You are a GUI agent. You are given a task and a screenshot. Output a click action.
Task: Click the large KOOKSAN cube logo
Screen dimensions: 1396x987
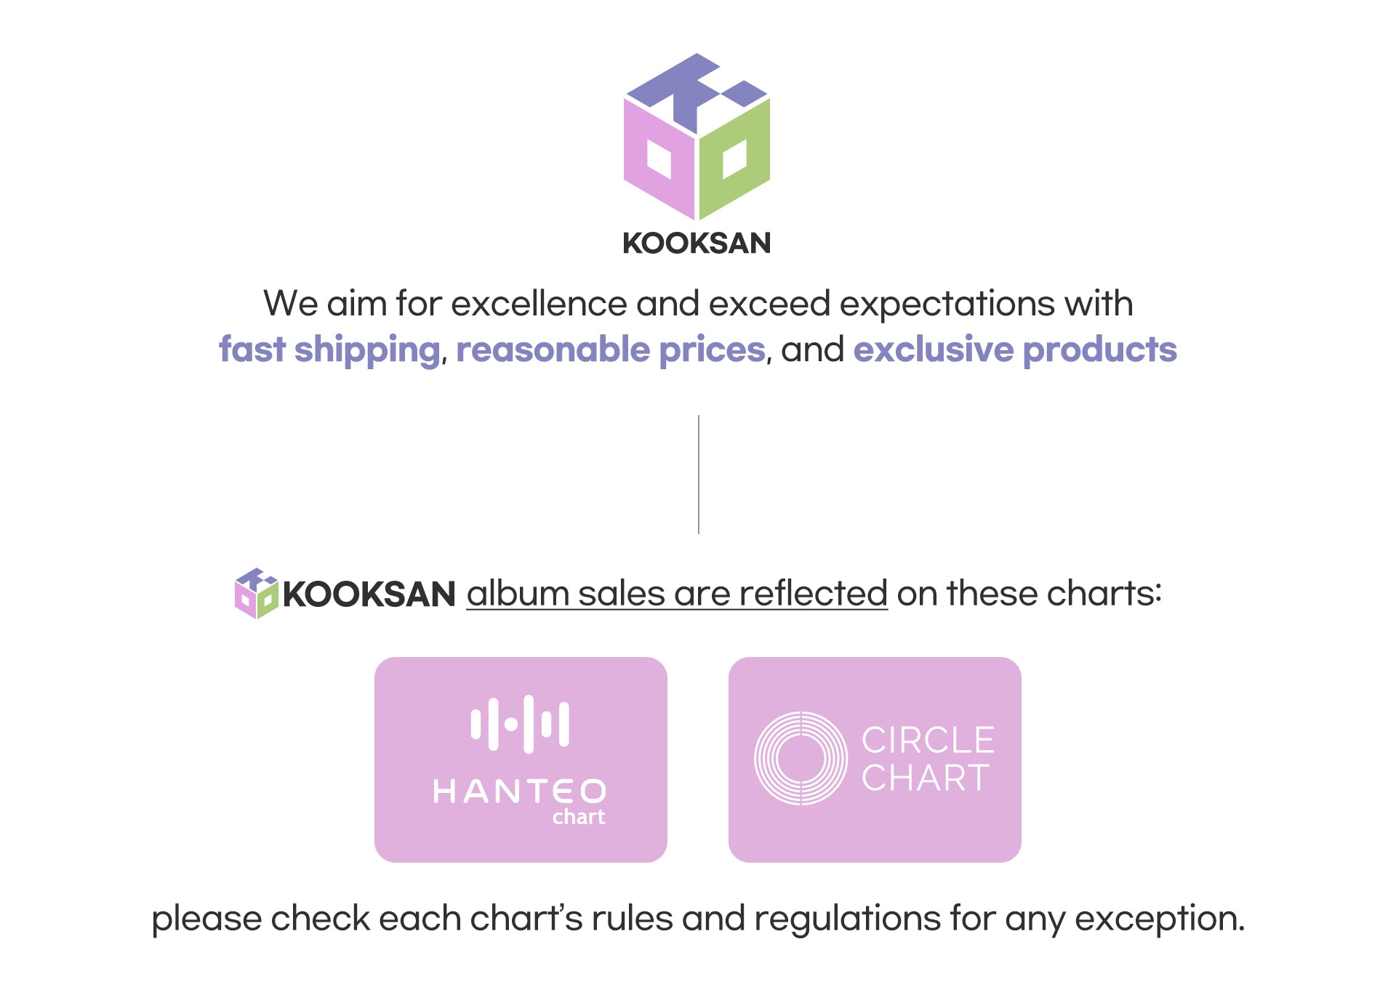click(697, 137)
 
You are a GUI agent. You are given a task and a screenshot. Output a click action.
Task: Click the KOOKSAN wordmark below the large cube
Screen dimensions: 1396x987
click(697, 243)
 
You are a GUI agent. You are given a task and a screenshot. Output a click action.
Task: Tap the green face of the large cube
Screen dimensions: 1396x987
click(734, 158)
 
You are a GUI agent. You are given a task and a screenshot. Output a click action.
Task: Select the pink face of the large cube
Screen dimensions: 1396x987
click(659, 158)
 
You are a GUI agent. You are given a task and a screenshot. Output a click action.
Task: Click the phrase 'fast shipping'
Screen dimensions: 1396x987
click(330, 350)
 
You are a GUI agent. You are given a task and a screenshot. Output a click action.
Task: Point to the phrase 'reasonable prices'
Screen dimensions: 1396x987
click(611, 350)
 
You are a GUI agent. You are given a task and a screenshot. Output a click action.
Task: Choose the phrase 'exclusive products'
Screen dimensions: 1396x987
click(1015, 350)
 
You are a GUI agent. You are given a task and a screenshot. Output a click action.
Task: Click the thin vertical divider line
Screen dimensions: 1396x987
click(699, 475)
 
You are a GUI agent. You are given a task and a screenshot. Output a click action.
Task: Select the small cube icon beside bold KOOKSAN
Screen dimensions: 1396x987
click(257, 593)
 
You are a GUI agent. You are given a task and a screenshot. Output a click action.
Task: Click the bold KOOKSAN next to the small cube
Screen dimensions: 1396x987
click(369, 595)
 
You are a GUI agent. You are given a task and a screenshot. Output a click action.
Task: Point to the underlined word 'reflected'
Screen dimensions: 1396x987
click(814, 593)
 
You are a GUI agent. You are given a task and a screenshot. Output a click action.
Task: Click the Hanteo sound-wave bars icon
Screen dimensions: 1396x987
click(520, 724)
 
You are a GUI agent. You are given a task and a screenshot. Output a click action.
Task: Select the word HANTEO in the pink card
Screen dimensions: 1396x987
click(520, 791)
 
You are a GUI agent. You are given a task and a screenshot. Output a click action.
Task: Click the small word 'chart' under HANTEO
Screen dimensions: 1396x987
click(579, 817)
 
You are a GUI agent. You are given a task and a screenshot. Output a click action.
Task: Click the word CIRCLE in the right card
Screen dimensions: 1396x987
click(928, 741)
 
